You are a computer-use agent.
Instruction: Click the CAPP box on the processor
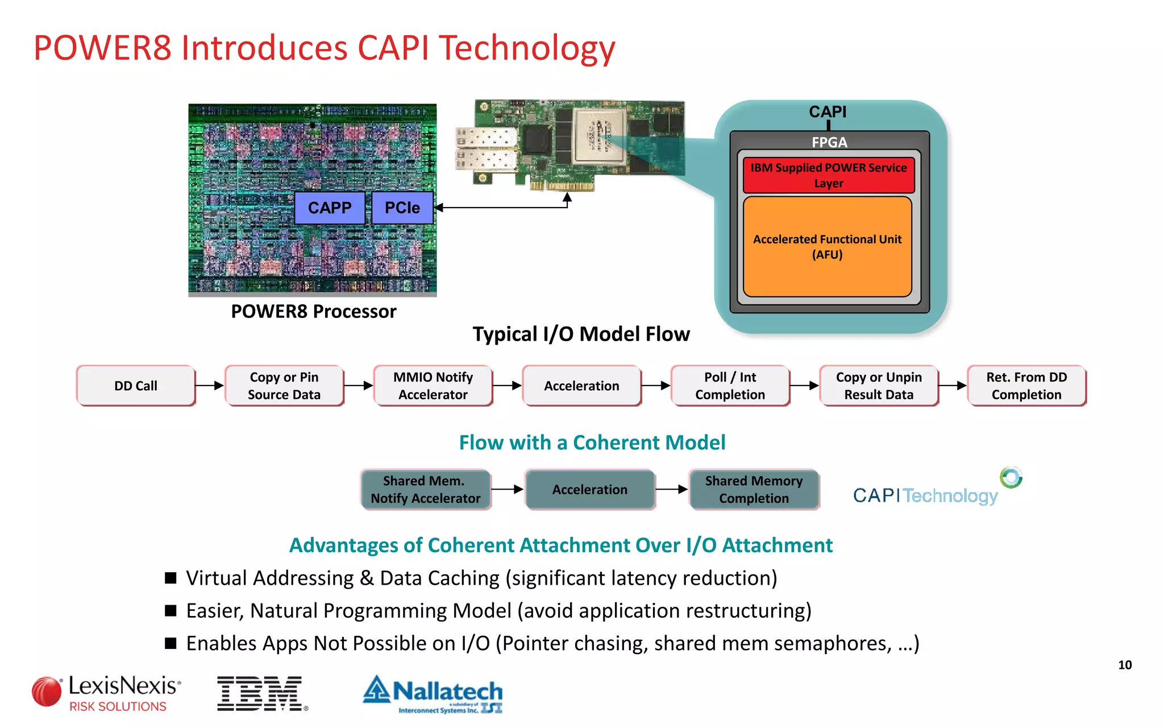330,208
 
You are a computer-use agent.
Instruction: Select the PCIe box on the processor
402,208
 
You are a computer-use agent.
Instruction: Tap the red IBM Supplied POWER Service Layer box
828,175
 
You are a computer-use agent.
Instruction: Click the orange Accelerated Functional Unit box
827,247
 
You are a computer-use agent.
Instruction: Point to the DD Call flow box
135,386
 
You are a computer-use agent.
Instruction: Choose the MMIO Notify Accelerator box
433,386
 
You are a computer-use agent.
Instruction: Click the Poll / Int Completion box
730,386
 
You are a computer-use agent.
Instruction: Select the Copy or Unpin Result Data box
878,386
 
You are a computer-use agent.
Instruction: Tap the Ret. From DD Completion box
1026,386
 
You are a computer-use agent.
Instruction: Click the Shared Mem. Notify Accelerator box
425,489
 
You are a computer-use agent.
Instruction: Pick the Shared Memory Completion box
754,489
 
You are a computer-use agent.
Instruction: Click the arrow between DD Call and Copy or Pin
210,386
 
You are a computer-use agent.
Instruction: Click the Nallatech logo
433,693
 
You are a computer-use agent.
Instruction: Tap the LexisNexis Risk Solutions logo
107,693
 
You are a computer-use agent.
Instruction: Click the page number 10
1125,665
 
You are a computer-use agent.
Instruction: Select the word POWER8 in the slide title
102,48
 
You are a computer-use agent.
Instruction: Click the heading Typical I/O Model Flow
581,334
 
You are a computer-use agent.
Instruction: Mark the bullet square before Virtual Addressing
171,578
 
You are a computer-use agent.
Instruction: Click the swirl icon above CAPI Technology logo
1011,477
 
